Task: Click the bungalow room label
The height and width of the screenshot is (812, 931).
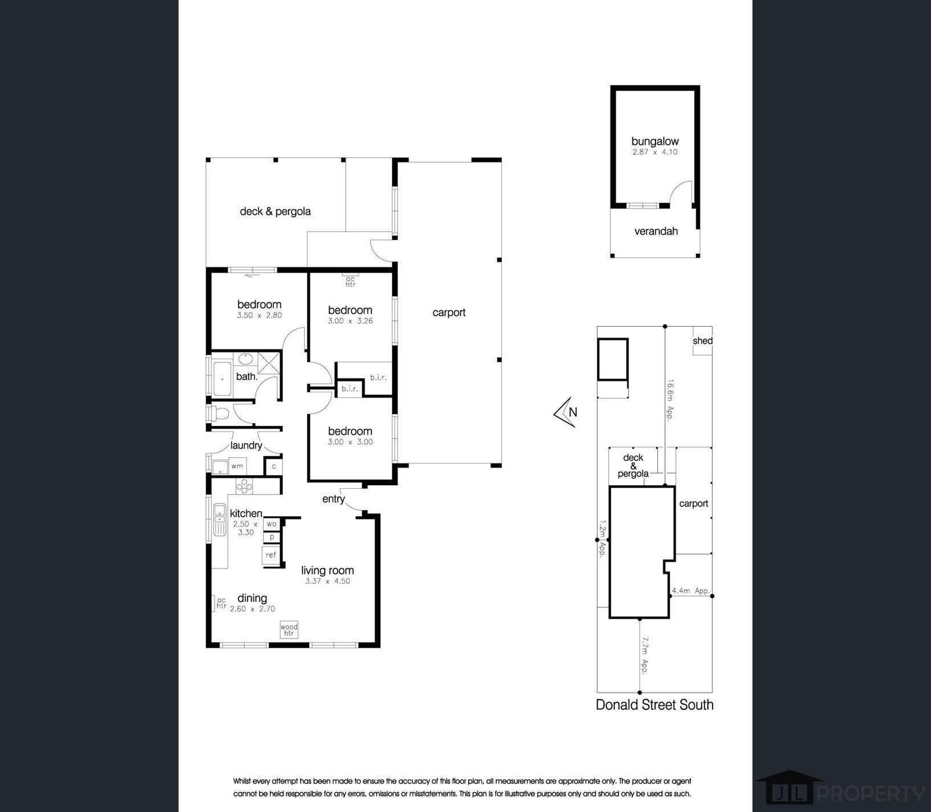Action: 655,141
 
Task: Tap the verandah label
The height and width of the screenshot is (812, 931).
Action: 656,231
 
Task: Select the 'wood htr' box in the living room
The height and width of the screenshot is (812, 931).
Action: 289,630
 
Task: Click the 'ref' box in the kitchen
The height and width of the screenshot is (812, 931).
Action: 271,555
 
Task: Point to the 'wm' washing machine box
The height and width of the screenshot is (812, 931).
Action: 237,466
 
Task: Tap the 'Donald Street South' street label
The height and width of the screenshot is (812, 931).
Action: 654,705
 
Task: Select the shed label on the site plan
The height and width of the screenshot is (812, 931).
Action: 702,340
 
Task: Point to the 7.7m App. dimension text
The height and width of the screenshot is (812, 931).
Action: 645,655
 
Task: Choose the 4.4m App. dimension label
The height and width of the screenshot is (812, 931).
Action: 691,591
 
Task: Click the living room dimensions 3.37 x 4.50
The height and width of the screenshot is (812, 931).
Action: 327,581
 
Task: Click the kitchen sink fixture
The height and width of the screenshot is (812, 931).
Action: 219,520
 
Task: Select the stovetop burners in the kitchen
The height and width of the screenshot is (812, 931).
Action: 244,486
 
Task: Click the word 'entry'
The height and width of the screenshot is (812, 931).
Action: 334,499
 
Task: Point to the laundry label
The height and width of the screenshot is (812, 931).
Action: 246,445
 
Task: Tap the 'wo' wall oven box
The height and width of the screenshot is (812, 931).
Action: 272,523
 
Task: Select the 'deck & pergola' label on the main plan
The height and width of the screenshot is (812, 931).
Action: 275,211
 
